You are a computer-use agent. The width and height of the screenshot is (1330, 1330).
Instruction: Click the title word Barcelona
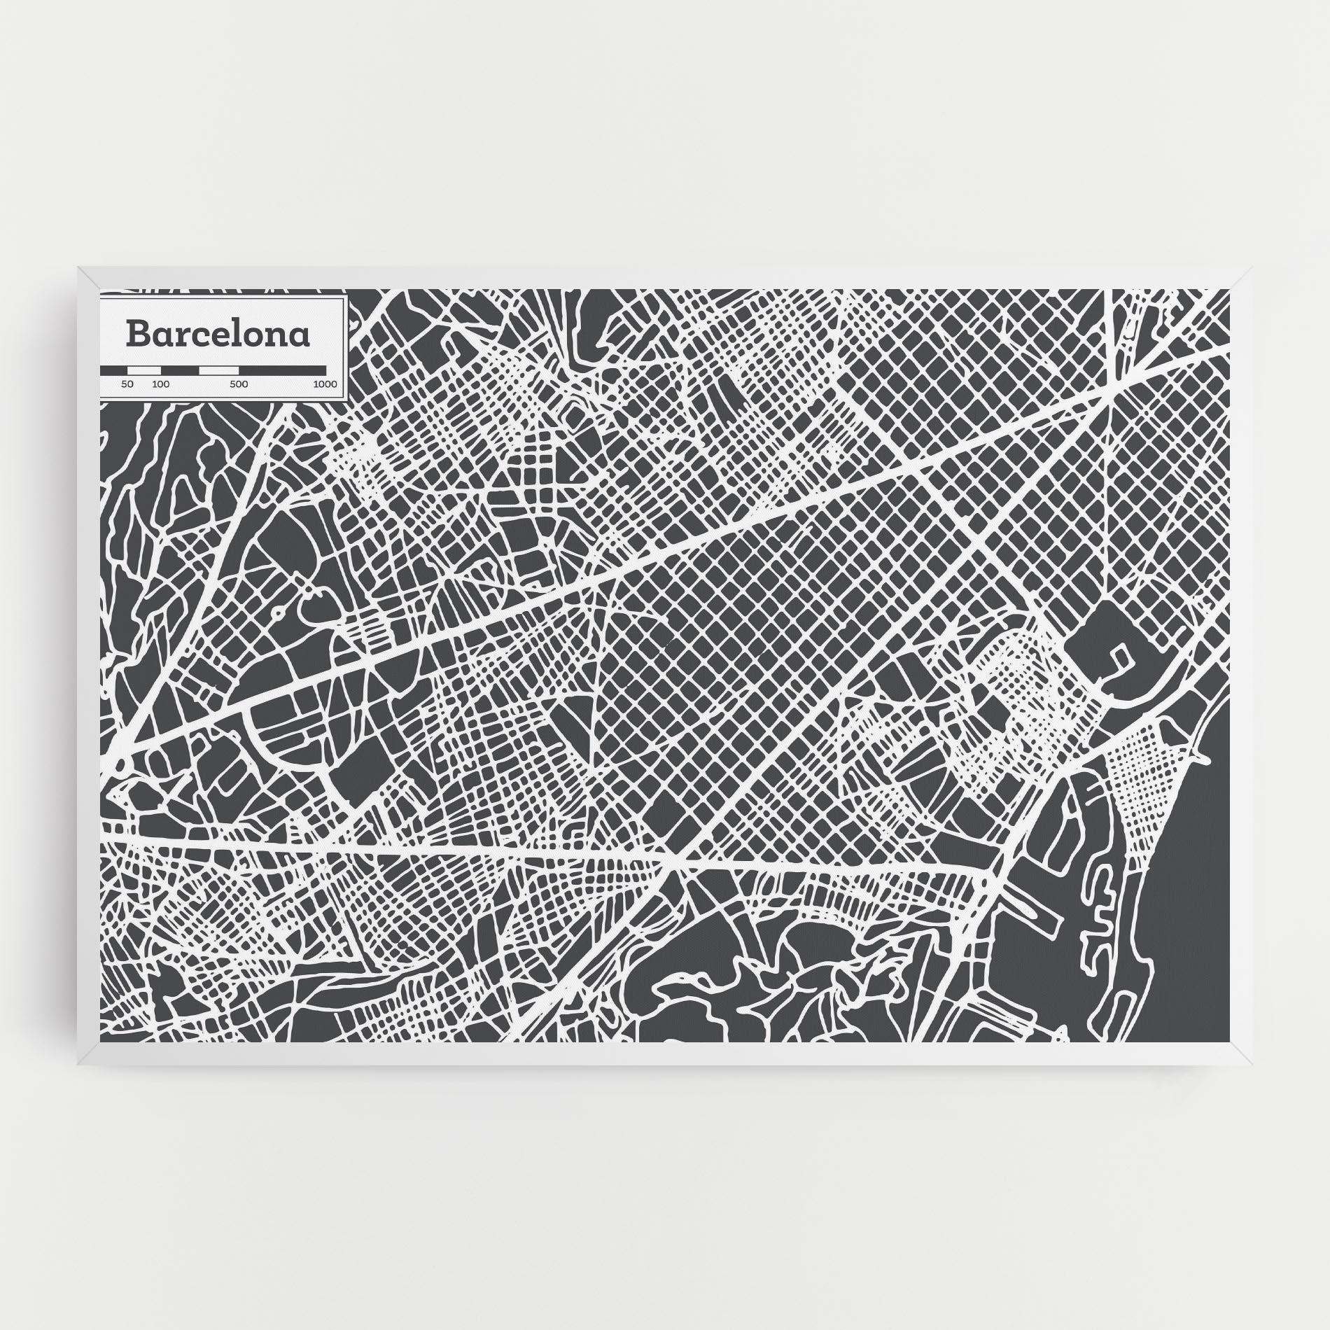(x=218, y=334)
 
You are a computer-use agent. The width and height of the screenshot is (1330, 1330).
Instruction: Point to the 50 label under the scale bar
(x=127, y=384)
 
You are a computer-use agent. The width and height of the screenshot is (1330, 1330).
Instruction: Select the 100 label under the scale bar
(x=160, y=384)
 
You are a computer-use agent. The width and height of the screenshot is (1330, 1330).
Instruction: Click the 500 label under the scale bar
(x=239, y=384)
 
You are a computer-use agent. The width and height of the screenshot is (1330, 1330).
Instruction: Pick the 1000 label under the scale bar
(x=325, y=384)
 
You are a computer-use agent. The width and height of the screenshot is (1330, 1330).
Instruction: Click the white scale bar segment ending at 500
(x=219, y=370)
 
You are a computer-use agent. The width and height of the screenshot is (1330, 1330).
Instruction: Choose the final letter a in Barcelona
(x=300, y=335)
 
